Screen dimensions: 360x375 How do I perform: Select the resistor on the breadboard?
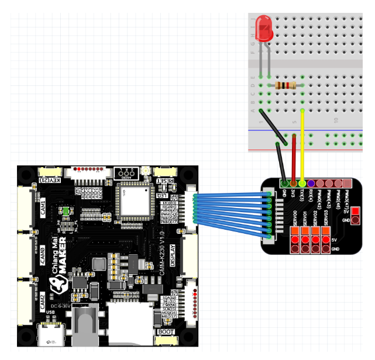[285, 86]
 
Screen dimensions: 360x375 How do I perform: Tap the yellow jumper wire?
[302, 146]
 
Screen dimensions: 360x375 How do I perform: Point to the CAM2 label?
[43, 302]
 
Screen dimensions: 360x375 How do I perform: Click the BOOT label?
[166, 332]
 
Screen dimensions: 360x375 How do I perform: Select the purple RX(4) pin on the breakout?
[311, 184]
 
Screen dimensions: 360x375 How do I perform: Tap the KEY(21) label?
[49, 180]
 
